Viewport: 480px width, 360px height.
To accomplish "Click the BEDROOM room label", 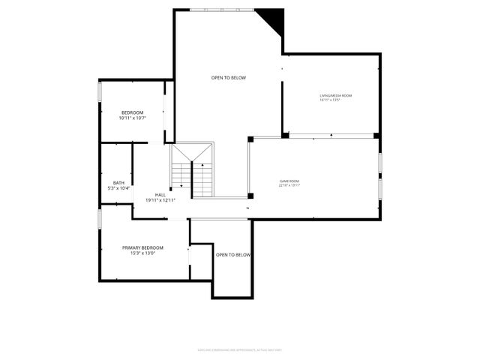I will coord(132,112).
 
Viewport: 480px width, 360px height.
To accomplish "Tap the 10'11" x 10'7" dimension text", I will coord(132,118).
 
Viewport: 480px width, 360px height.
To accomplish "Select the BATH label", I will coord(118,183).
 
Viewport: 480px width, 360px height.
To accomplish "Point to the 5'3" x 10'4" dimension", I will coord(118,188).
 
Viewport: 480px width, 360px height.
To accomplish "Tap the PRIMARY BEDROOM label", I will coord(142,247).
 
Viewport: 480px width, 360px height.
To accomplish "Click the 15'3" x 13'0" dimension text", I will coord(142,253).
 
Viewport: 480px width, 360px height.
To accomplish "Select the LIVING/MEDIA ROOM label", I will coord(335,95).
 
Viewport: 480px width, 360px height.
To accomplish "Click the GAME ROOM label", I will coord(289,181).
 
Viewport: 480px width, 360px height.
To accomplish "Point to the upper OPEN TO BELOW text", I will coord(228,78).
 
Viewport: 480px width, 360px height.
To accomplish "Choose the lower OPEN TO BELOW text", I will coord(232,255).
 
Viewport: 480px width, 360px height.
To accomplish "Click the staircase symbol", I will coord(192,171).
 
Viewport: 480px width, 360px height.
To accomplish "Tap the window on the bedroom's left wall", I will coord(100,91).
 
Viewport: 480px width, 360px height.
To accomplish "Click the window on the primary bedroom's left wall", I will coord(100,219).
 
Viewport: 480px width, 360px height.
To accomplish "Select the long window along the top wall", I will coord(222,10).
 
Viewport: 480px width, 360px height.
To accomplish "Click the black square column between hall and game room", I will coord(250,196).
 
